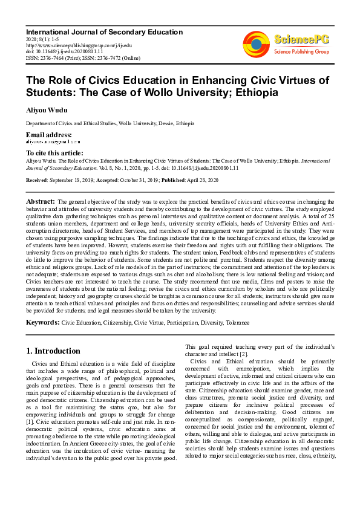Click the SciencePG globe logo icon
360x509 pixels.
(x=257, y=43)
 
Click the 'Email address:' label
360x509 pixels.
(x=48, y=134)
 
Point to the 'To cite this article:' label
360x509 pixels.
(x=54, y=154)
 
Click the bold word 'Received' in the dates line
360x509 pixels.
(x=37, y=181)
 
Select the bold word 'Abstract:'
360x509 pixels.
(x=41, y=201)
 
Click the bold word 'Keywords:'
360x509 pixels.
(x=42, y=323)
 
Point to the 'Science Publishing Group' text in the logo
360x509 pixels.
(x=301, y=52)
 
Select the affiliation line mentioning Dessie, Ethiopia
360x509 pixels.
(x=110, y=123)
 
